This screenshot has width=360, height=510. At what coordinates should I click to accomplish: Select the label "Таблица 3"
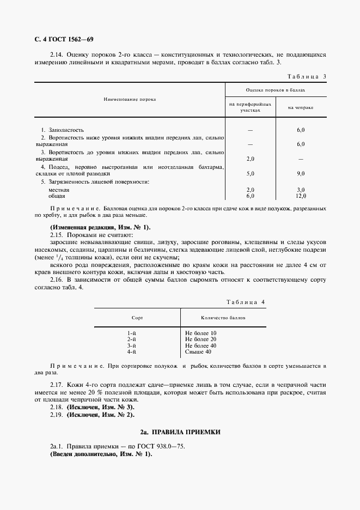click(306, 77)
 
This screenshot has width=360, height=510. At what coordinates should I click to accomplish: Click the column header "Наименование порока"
click(130, 100)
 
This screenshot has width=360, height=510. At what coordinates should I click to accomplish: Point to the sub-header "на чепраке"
click(301, 107)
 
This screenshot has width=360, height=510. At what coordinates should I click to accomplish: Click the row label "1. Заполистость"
click(63, 130)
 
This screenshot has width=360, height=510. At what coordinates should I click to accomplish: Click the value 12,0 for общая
click(301, 196)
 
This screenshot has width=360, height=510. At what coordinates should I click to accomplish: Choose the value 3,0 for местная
click(301, 190)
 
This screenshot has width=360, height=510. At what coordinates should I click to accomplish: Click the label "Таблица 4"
click(245, 301)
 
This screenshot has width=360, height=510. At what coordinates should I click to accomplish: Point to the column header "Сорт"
click(137, 317)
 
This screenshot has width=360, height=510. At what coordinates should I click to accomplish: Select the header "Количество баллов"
click(223, 317)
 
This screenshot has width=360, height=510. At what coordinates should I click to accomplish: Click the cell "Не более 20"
click(201, 339)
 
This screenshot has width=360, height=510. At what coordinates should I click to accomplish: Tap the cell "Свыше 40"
click(198, 353)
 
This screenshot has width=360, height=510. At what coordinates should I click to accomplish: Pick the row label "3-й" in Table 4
click(131, 346)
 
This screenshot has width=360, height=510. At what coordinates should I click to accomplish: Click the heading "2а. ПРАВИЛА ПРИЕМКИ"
click(180, 432)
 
